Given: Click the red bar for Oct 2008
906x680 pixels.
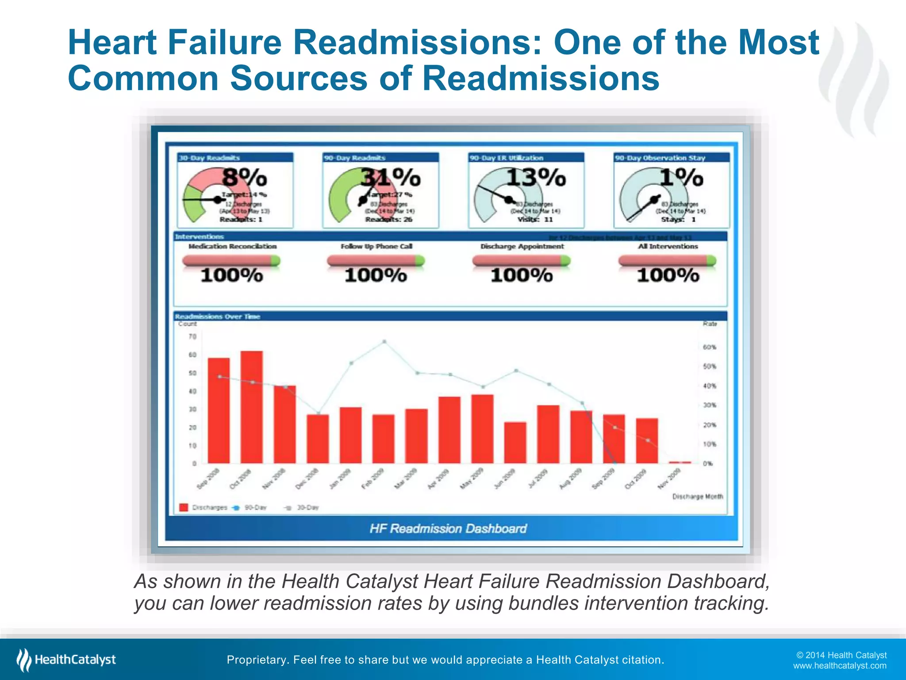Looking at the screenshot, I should (x=251, y=407).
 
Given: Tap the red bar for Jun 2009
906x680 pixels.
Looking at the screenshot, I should (x=515, y=442).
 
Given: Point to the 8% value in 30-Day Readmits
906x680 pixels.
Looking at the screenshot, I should (x=245, y=178).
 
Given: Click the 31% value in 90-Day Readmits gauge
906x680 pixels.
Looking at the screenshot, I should (x=390, y=178).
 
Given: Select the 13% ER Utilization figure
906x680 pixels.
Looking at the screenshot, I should (x=536, y=178).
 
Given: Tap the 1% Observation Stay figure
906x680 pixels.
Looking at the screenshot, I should (x=681, y=178).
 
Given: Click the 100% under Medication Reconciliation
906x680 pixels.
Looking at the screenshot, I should (x=232, y=275).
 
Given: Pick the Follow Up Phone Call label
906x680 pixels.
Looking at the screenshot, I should (x=376, y=246).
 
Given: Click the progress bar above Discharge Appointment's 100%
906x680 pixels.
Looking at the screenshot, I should (x=521, y=261).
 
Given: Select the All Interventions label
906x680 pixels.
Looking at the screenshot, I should (x=668, y=246).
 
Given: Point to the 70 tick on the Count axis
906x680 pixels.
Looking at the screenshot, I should (x=192, y=337).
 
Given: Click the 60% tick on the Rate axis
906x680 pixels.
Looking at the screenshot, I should (x=710, y=347).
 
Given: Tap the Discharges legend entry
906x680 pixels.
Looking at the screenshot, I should (x=204, y=507).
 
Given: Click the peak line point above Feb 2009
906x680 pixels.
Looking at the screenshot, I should (x=384, y=341).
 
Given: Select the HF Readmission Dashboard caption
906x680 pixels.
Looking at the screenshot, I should (x=448, y=529).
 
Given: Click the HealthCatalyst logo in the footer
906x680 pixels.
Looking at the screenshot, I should (x=66, y=660).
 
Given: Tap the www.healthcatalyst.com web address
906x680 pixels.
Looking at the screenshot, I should (x=840, y=666).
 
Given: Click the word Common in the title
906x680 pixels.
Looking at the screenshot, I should (x=143, y=78).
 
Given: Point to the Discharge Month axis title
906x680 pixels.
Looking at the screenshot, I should (x=698, y=497).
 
